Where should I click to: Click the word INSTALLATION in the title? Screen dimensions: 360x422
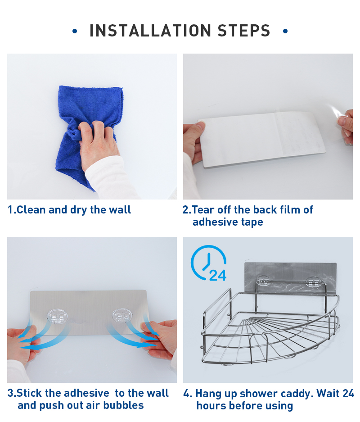(x=150, y=31)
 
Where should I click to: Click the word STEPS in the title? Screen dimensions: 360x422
(x=244, y=31)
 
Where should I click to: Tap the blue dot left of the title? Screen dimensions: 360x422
(x=75, y=31)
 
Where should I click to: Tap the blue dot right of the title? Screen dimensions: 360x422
(x=285, y=31)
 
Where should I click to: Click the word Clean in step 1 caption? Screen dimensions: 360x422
(x=31, y=210)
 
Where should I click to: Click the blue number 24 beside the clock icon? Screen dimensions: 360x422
(x=218, y=275)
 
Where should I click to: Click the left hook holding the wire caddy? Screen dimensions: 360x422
(x=264, y=281)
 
